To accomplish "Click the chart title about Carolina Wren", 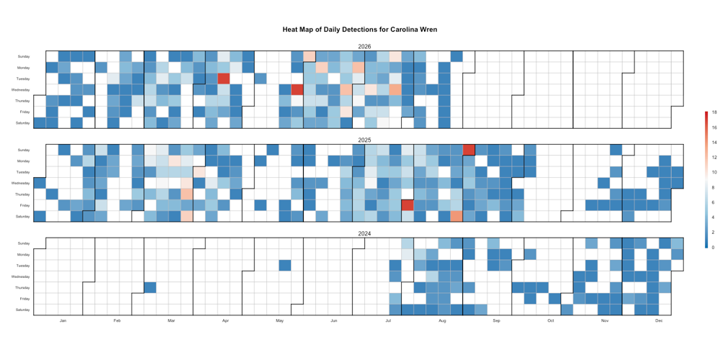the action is click(x=360, y=30).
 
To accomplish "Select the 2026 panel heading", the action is click(x=364, y=47).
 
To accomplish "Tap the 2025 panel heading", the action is click(x=364, y=140).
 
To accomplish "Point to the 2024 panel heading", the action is click(x=364, y=234).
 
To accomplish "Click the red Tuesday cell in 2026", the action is click(x=224, y=78).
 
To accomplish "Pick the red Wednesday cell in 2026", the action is click(x=297, y=89).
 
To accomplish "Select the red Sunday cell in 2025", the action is click(x=469, y=150).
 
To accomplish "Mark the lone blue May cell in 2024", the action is click(x=284, y=266).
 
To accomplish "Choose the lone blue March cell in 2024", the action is click(x=150, y=287).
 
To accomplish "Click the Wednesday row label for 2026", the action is click(x=22, y=90).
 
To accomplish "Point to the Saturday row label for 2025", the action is click(x=23, y=216).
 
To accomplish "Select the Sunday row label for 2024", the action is click(x=24, y=243).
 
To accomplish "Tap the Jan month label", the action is click(x=63, y=320).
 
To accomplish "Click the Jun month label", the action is click(x=334, y=320).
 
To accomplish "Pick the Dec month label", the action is click(x=659, y=320).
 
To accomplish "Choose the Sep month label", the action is click(x=496, y=320).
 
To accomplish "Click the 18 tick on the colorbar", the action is click(x=713, y=112).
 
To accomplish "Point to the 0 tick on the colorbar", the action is click(x=712, y=247).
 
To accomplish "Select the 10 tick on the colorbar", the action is click(x=713, y=172).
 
